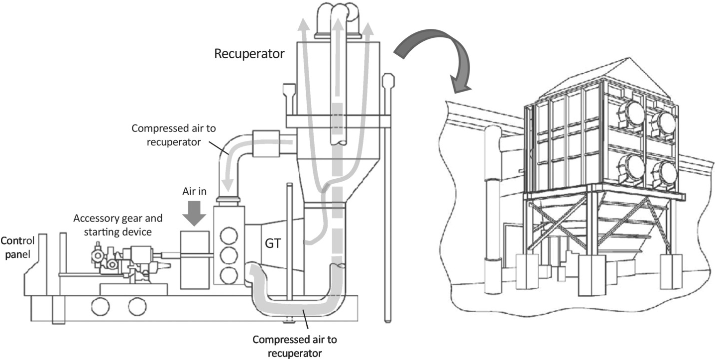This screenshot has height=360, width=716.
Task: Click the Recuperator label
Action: coord(249,54)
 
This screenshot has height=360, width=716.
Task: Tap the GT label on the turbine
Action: coord(273,243)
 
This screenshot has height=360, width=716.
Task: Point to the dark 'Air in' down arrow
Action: coord(194,213)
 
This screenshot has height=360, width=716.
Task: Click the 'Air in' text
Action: coord(194,191)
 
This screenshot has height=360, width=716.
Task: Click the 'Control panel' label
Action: coord(17,247)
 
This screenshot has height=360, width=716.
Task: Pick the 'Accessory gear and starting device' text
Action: coord(118,225)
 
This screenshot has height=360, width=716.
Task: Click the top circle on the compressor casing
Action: coord(229,236)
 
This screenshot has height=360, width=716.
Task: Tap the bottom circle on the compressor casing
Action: coord(229,275)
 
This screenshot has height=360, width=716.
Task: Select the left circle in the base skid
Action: coord(101,306)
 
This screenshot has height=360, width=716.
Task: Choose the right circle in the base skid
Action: coord(137,306)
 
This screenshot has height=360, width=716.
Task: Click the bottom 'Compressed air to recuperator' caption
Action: coord(295,346)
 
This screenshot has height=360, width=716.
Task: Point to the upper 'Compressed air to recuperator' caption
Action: coord(174,135)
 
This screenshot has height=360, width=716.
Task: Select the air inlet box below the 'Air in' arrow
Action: coord(195,260)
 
